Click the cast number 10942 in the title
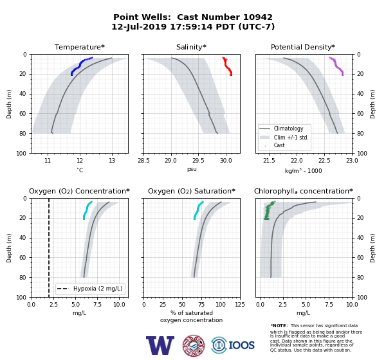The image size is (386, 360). (x=258, y=17)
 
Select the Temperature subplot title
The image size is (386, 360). (x=80, y=47)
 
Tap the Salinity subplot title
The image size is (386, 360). (x=191, y=47)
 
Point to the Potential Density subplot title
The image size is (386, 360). (x=303, y=47)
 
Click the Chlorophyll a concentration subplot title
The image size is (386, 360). (x=304, y=191)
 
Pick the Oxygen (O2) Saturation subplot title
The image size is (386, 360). (x=192, y=191)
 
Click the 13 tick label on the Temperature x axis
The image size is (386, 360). (x=112, y=161)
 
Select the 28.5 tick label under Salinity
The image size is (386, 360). (x=143, y=161)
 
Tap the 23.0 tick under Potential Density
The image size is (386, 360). (x=352, y=161)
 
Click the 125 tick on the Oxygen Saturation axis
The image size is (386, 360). (x=240, y=305)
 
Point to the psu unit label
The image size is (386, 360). (x=192, y=169)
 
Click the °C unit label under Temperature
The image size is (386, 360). (x=80, y=170)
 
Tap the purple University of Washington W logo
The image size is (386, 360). (x=160, y=345)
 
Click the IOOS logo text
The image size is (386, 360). (x=241, y=345)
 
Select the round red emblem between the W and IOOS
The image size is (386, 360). (x=194, y=345)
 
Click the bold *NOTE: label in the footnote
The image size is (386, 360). (x=279, y=325)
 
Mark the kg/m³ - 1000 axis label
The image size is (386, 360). (x=303, y=171)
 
